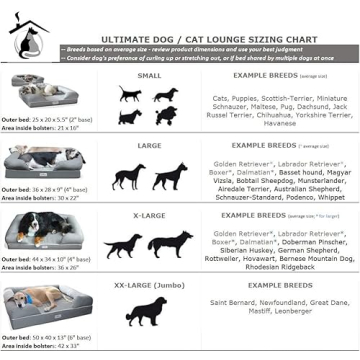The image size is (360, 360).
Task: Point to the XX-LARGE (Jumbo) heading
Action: pos(147,283)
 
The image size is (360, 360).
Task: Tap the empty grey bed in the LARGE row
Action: pos(44,160)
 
